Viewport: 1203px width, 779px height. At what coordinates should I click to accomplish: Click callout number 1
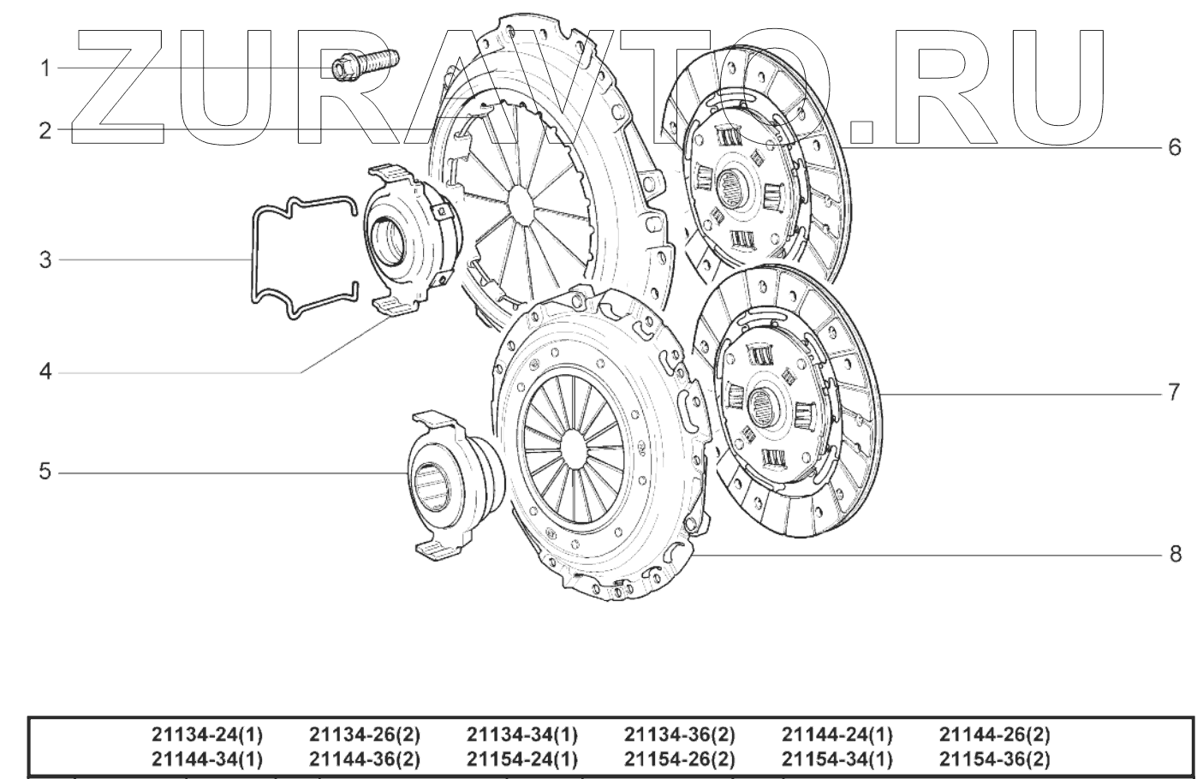[45, 68]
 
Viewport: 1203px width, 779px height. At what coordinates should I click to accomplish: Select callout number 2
[45, 130]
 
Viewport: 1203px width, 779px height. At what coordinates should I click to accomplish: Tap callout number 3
[45, 260]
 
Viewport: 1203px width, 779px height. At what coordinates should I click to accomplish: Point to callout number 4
[45, 372]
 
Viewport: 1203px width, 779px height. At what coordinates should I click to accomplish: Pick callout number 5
[45, 472]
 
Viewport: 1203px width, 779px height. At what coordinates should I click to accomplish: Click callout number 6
[1175, 147]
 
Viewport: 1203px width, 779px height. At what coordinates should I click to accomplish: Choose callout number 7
[1175, 392]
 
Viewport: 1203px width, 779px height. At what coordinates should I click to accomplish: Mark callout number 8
[1175, 554]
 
